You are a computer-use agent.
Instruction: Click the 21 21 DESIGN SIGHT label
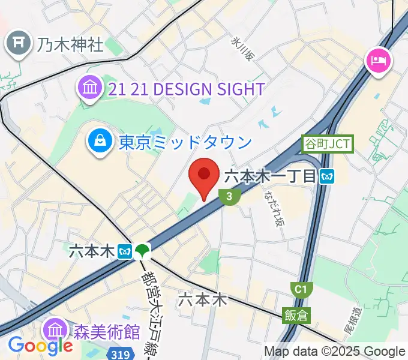(187, 89)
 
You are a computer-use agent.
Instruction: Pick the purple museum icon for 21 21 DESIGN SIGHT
(90, 89)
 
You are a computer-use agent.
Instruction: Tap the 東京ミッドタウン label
(185, 142)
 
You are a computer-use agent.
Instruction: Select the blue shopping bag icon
(98, 142)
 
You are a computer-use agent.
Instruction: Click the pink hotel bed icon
(379, 60)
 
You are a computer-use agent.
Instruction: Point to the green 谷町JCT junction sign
(327, 144)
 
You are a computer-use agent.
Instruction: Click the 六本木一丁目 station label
(270, 176)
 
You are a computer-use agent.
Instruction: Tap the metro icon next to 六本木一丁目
(327, 176)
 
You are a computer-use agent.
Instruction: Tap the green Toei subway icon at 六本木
(142, 251)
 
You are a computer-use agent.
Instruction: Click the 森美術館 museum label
(106, 331)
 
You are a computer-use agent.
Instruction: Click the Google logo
(40, 346)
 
